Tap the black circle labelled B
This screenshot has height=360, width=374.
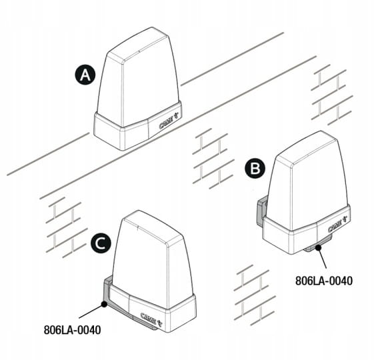[255, 169]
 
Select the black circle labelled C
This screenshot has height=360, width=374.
[101, 243]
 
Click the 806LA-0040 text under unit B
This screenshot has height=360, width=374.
[324, 281]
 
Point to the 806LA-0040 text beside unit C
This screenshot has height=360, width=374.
[72, 330]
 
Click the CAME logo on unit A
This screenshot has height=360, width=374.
[169, 122]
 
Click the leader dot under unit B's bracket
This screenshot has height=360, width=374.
[318, 247]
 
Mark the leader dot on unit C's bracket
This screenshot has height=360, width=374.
[104, 304]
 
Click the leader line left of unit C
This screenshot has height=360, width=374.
[91, 311]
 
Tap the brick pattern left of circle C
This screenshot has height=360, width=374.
[64, 227]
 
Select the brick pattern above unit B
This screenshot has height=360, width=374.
[331, 95]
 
